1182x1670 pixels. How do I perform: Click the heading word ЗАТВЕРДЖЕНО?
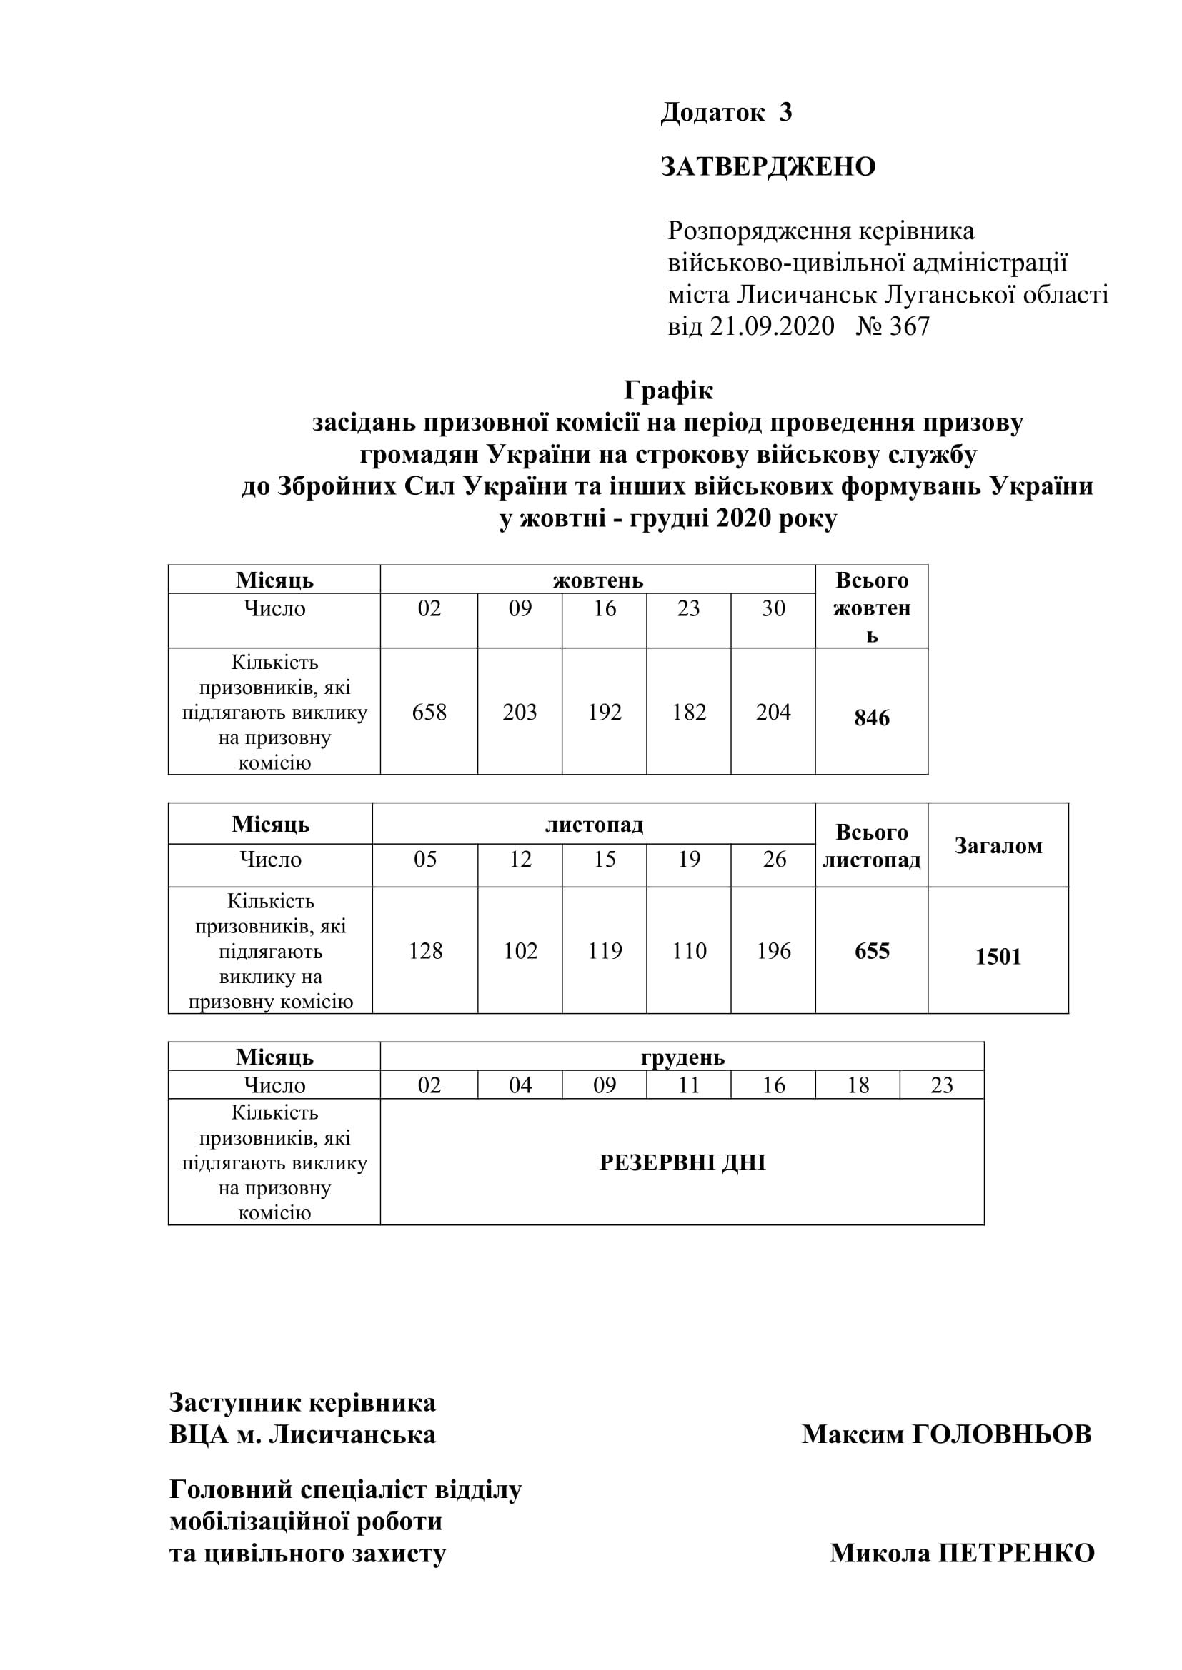point(768,166)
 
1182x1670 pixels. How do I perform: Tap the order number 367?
point(909,326)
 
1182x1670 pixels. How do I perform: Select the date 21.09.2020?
point(772,326)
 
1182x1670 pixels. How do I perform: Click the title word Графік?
point(668,391)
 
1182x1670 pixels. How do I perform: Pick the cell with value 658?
point(429,711)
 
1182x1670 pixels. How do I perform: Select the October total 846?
point(871,718)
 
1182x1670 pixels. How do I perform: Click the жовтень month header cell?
point(597,580)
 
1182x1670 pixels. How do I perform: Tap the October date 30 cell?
point(773,608)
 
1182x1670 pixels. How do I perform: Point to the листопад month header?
point(594,824)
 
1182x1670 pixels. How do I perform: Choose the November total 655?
point(871,950)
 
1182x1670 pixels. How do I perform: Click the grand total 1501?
point(998,956)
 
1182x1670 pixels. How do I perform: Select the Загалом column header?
point(998,845)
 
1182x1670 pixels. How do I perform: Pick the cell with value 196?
point(773,950)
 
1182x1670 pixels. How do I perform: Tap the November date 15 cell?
point(604,859)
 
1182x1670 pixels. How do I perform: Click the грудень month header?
point(682,1057)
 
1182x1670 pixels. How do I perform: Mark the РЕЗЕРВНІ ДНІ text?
point(682,1162)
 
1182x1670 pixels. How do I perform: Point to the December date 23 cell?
point(942,1085)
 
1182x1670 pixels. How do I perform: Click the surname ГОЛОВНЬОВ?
point(1001,1434)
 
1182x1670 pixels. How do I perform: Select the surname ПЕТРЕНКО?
point(1016,1553)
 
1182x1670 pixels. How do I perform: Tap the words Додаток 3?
point(725,112)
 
